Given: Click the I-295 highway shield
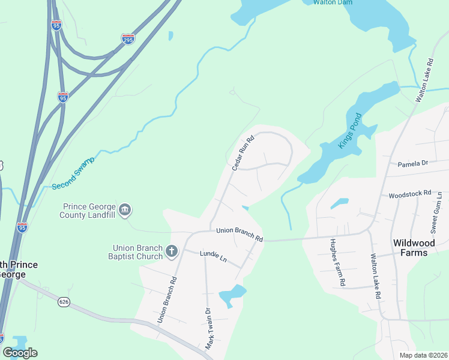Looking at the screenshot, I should pos(128,39).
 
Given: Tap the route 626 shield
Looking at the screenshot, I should pos(63,301).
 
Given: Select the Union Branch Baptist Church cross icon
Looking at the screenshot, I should pos(172,251).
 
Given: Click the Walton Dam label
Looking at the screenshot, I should pos(333,2).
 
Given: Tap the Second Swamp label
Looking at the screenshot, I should pos(73,174).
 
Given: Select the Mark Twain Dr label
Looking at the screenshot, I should pos(209,329).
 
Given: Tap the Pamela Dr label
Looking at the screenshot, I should pos(412,163).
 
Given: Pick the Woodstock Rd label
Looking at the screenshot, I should pos(410,194).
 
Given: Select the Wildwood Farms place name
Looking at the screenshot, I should pos(418,248).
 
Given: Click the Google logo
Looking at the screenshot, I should pos(20,352).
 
